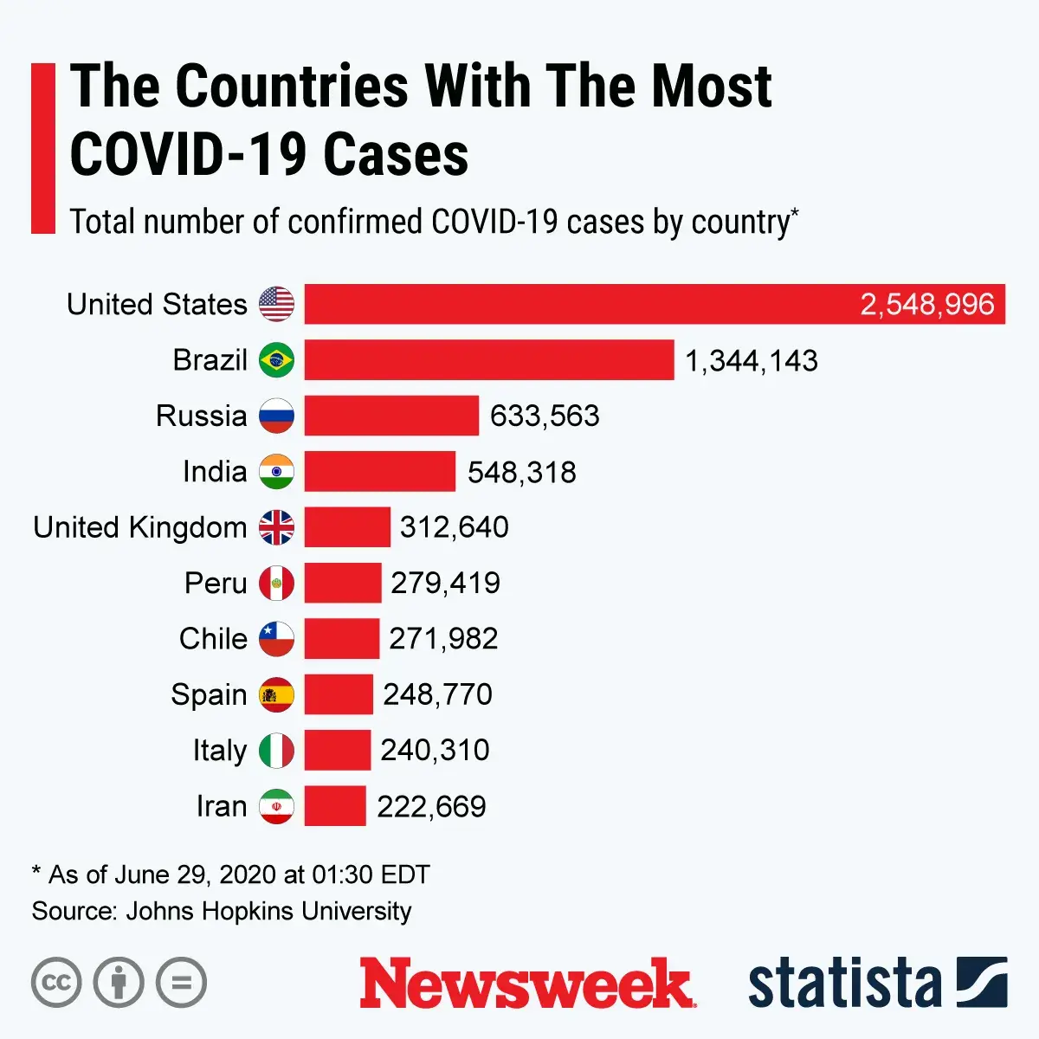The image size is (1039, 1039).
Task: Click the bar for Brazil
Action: pos(489,360)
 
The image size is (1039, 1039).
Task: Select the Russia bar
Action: pos(391,416)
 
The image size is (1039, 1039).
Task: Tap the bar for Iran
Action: pos(335,806)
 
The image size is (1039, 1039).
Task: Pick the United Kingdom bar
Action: pos(347,527)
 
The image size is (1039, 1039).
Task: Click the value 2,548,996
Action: pos(926,305)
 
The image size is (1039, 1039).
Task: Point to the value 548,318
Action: pos(522,472)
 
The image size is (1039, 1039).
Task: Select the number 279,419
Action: pos(445,583)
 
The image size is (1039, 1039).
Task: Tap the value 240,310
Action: pos(435,750)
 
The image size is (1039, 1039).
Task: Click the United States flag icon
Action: pos(277,305)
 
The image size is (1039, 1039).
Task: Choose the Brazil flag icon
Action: pos(277,360)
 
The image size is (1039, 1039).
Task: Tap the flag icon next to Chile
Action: pos(277,639)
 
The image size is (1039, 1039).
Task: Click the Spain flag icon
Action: pos(277,694)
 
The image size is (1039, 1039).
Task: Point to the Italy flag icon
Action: pos(277,750)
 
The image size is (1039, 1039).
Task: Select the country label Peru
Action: pos(216,583)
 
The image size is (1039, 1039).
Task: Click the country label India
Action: pos(215,472)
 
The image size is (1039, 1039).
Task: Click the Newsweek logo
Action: pos(526,984)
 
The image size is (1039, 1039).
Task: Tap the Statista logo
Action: pos(877,984)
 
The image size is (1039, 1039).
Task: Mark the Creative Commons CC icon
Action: pos(56,983)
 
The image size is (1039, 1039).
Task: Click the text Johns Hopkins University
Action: pos(269,911)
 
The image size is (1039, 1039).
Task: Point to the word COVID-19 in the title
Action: pos(188,156)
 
